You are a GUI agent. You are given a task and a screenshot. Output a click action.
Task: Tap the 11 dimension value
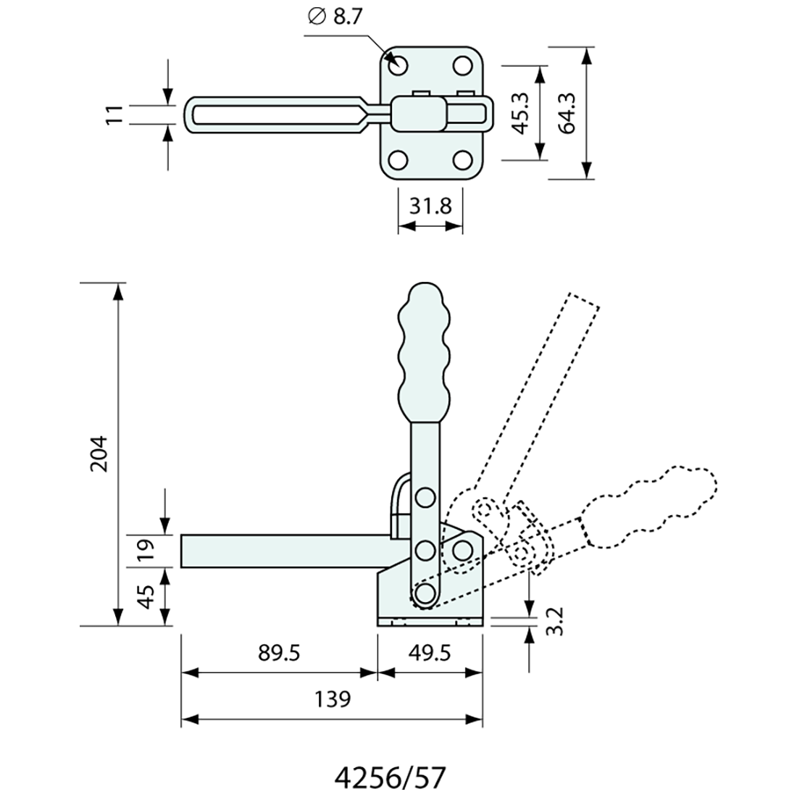113,114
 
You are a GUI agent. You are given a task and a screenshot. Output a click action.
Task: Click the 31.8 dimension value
430,206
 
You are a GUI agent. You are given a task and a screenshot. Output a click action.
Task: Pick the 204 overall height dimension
99,454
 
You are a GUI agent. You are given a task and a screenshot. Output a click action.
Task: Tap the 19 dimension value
147,551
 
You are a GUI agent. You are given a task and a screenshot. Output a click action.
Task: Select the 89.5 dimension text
279,652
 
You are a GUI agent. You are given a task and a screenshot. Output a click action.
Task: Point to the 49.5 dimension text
430,652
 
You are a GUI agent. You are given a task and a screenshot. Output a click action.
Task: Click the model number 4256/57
390,777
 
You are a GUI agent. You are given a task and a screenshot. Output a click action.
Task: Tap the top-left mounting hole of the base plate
398,65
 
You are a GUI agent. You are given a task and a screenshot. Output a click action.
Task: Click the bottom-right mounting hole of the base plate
462,159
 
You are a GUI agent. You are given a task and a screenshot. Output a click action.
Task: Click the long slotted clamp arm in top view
279,114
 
